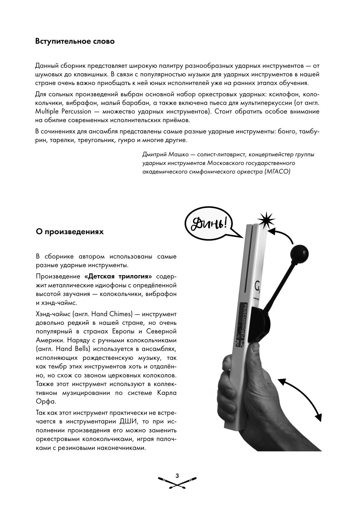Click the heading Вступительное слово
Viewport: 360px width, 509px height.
tap(75, 41)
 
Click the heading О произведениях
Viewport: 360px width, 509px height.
tap(70, 231)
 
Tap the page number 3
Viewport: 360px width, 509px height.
tap(177, 476)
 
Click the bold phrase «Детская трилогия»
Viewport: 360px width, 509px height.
tap(120, 276)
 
